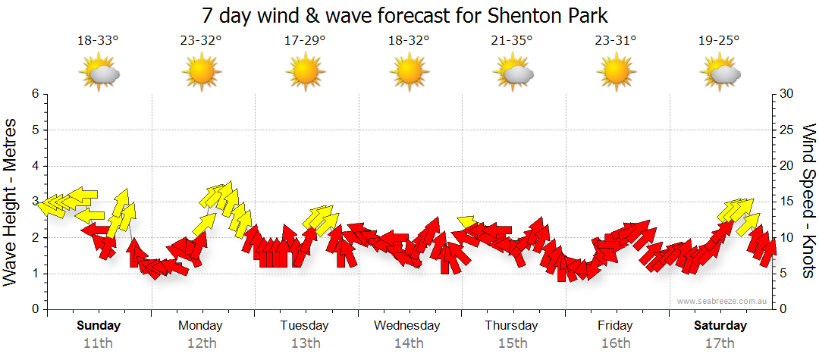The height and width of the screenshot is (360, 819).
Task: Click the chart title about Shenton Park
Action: click(406, 15)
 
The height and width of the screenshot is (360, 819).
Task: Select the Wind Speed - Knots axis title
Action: click(808, 202)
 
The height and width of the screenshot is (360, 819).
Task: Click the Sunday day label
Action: click(99, 326)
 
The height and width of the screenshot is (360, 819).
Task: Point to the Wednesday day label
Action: click(407, 326)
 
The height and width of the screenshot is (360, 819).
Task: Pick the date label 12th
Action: click(201, 343)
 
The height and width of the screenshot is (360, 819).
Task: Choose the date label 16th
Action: click(615, 343)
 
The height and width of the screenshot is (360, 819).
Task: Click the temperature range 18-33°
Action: click(98, 41)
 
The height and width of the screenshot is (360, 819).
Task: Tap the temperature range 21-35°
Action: click(511, 41)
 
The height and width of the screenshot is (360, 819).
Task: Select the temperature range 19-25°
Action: click(719, 41)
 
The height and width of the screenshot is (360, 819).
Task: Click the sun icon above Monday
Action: click(201, 74)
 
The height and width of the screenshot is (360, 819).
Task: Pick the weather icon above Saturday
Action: click(720, 74)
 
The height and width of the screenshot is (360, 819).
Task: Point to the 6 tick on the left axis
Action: click(35, 94)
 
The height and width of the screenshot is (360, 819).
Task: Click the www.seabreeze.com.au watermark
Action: click(723, 301)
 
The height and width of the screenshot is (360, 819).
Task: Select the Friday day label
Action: click(615, 326)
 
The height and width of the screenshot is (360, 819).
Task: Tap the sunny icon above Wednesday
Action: click(408, 74)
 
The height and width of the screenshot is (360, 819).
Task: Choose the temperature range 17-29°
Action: click(305, 41)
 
